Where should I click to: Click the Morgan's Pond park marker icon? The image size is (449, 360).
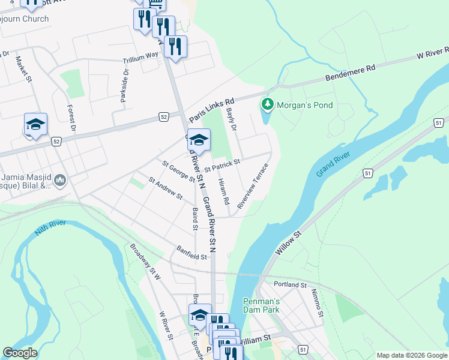click(268, 105)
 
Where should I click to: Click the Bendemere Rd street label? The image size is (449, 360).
click(350, 73)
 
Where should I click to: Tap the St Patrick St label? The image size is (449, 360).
click(222, 165)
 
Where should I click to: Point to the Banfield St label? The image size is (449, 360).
click(191, 253)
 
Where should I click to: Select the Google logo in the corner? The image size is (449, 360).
click(20, 353)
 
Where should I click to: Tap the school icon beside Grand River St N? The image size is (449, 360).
click(199, 140)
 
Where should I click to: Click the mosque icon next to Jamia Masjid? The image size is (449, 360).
click(59, 180)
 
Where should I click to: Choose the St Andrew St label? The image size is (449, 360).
click(166, 187)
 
